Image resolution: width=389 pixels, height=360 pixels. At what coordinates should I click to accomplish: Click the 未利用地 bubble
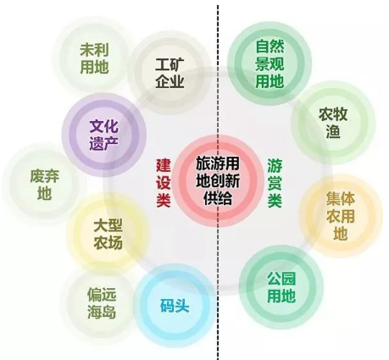(x=94, y=58)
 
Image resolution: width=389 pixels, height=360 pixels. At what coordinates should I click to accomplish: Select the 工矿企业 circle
(x=169, y=73)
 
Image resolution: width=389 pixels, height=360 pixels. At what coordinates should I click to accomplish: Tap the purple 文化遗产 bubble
(x=103, y=135)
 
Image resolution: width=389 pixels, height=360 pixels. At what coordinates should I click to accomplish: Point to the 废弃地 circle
(x=44, y=185)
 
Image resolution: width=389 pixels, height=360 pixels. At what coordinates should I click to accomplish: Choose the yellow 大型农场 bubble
(x=108, y=235)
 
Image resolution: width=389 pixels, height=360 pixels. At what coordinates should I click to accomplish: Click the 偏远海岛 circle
(x=101, y=303)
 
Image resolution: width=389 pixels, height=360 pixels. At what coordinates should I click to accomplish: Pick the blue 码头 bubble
(x=175, y=306)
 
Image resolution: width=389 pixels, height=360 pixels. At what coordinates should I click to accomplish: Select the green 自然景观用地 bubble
(x=270, y=64)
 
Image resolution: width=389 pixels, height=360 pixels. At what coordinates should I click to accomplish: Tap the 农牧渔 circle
(x=333, y=123)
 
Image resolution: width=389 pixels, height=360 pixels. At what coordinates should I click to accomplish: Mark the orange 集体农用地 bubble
(x=341, y=216)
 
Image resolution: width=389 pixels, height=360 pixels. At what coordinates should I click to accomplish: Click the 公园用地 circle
(x=281, y=287)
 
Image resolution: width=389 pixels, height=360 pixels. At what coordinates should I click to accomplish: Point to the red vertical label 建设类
(x=164, y=183)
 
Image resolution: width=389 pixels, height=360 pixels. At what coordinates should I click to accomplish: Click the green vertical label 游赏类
(x=275, y=183)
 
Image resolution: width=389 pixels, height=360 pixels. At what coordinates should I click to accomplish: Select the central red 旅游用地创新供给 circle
(x=218, y=180)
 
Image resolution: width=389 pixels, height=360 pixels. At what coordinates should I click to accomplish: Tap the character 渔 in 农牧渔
(x=333, y=131)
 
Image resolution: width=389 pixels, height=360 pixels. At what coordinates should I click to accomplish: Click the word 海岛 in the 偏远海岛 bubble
(x=102, y=312)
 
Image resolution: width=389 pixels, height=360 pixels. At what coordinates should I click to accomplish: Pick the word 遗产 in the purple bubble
(x=103, y=143)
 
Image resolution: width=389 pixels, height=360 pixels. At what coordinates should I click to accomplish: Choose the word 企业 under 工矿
(x=169, y=81)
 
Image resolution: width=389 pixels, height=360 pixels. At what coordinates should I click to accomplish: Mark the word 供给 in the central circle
(x=218, y=198)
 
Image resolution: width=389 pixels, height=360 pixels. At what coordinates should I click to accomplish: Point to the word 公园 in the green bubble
(x=281, y=279)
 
